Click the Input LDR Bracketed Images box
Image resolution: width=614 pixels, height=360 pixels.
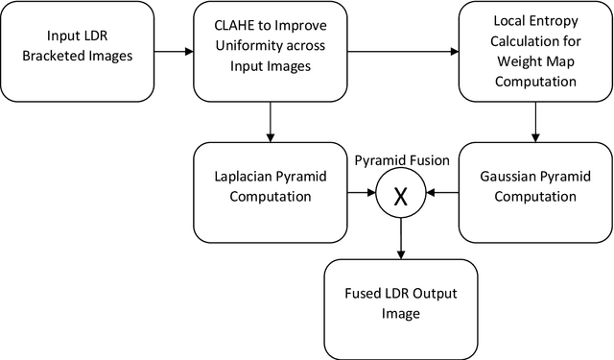coord(77,52)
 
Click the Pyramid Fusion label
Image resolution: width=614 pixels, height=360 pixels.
coord(401,160)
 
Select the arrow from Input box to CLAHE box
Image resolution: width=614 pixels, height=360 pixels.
coord(174,52)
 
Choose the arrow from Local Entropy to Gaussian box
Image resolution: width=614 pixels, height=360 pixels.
coord(534,123)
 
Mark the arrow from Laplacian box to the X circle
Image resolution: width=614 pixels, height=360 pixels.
coord(361,194)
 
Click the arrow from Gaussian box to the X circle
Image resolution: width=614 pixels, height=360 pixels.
coord(441,194)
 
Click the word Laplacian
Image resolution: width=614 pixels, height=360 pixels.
coord(244,179)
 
